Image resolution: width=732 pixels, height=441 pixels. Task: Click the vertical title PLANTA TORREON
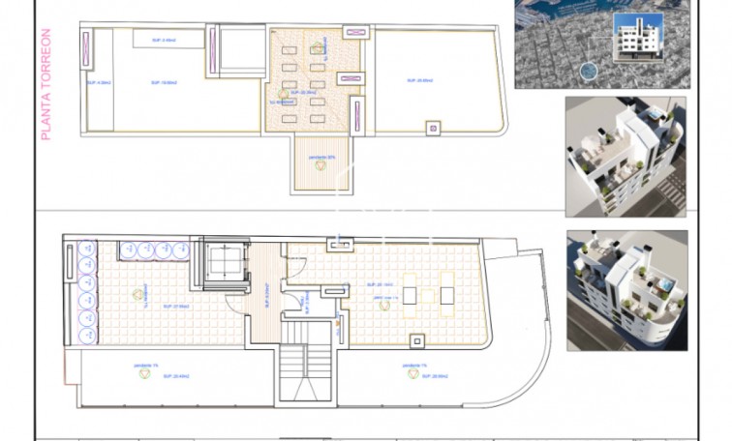point(46,86)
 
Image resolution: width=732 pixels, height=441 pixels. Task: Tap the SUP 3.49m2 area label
point(165,41)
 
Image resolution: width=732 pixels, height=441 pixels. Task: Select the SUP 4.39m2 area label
point(97,82)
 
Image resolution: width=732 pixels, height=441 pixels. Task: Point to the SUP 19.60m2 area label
point(163,82)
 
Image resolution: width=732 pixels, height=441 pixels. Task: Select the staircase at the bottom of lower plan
point(306,372)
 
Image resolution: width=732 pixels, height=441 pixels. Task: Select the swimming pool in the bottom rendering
point(666,286)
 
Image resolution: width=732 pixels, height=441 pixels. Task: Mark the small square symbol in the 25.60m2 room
point(432,126)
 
